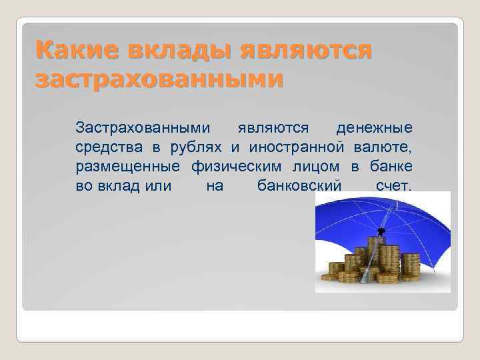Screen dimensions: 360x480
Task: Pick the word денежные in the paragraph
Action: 374,127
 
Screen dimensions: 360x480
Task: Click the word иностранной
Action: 297,146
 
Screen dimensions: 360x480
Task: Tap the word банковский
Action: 299,185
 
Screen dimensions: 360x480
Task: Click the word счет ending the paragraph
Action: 394,185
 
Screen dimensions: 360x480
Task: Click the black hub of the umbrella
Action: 381,232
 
